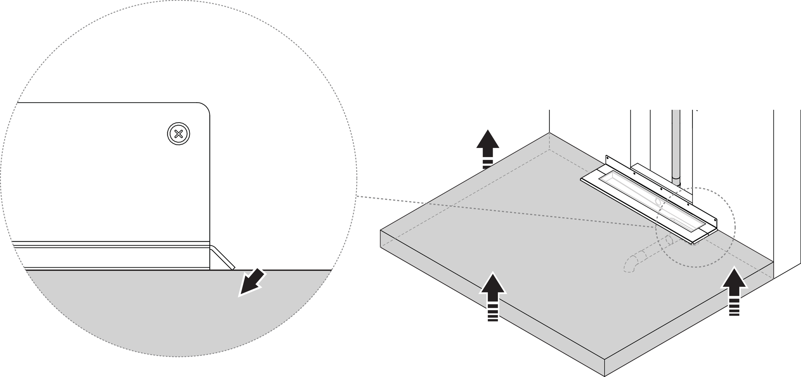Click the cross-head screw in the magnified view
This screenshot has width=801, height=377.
point(179,134)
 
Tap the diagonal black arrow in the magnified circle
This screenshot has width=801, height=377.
point(251,282)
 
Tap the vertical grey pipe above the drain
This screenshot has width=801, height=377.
point(676,144)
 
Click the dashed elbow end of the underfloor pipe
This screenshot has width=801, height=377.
point(629,267)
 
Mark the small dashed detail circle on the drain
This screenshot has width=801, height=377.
point(695,228)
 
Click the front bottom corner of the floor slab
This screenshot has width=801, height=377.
point(604,376)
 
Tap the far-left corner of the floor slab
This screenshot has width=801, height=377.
point(380,230)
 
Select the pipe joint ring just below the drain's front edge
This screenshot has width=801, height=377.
point(668,240)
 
